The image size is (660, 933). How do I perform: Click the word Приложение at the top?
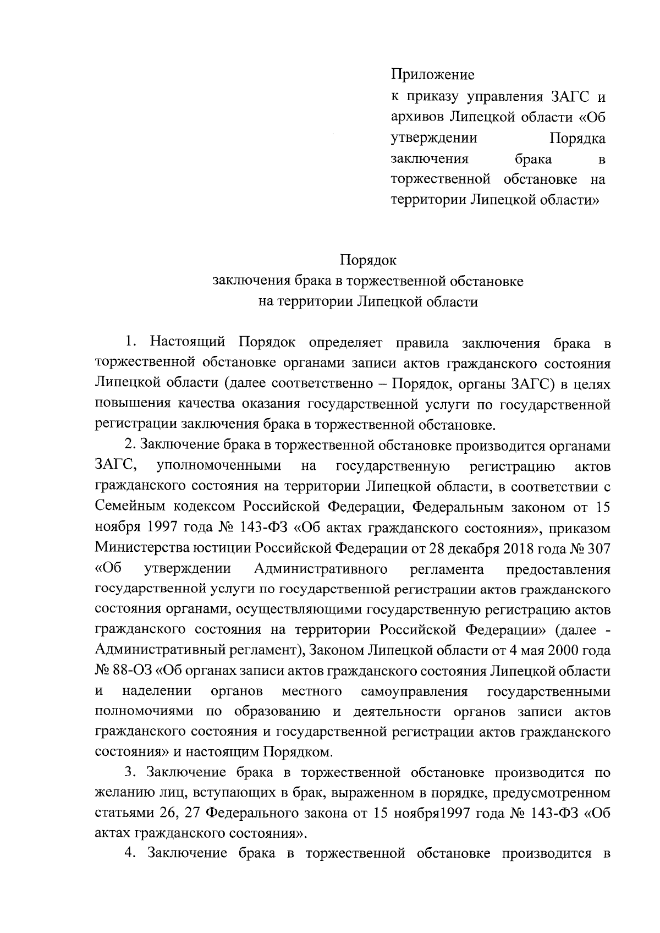432,74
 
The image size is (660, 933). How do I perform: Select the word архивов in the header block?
416,117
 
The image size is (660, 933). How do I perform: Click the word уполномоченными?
219,466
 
